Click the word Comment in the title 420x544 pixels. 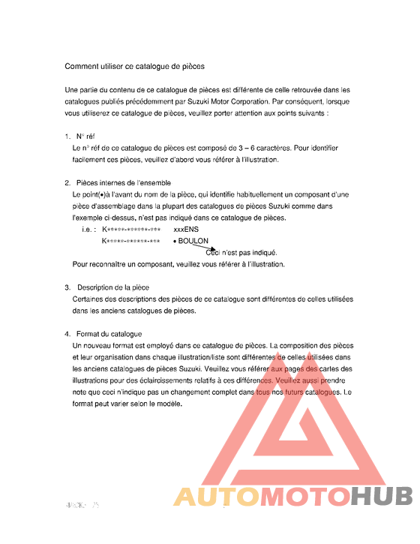pos(81,67)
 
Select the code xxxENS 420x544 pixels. pos(186,230)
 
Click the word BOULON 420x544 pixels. pos(193,242)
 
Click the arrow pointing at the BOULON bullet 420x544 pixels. pos(197,247)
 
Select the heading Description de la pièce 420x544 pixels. pos(112,287)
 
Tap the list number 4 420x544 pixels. pos(67,334)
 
